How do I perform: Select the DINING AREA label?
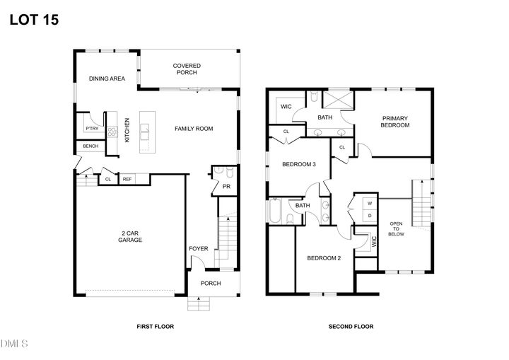[107, 79]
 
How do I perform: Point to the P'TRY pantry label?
[91, 128]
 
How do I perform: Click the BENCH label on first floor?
[90, 146]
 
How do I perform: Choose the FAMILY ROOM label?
[194, 129]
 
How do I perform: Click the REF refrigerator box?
[127, 179]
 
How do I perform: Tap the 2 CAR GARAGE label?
[130, 237]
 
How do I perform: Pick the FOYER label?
[199, 249]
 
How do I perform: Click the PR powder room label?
[226, 187]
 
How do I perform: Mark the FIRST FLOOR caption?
[155, 327]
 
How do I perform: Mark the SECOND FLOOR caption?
[351, 327]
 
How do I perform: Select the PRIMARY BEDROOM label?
[395, 122]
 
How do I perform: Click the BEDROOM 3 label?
[298, 164]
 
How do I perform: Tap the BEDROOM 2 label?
[324, 258]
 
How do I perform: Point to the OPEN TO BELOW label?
[396, 231]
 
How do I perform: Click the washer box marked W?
[369, 203]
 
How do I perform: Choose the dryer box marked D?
[369, 215]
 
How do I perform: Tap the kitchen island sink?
[145, 129]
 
